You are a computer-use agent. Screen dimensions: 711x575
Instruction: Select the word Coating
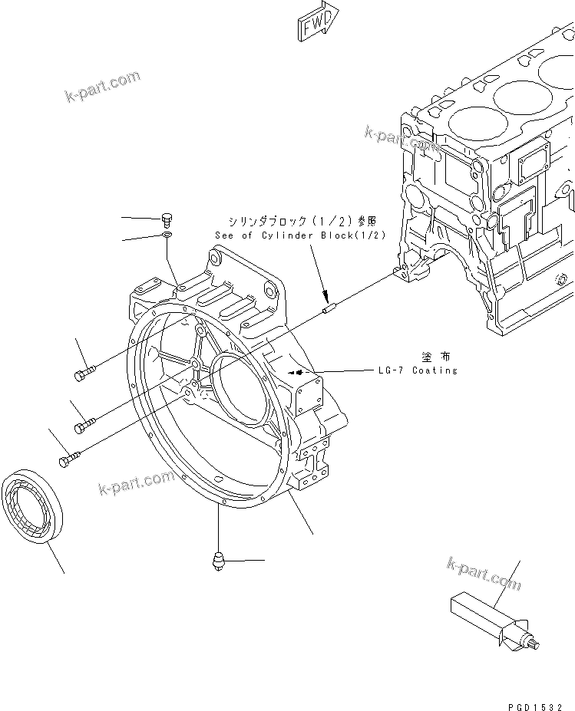click(435, 370)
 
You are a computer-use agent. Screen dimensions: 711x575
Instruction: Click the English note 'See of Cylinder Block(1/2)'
click(300, 235)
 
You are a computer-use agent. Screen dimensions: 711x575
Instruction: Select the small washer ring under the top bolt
click(168, 235)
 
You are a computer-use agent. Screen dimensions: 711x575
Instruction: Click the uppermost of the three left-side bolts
click(84, 373)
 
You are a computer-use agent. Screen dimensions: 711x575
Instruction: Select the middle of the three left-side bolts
click(84, 421)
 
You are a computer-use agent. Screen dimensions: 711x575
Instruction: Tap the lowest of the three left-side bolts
click(67, 458)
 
